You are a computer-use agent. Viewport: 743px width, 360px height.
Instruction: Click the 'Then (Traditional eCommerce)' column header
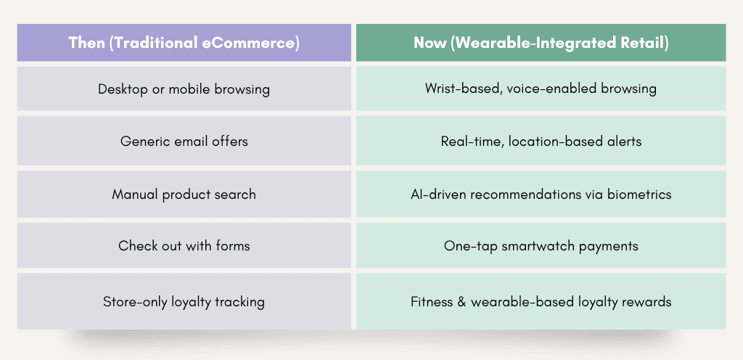pos(184,43)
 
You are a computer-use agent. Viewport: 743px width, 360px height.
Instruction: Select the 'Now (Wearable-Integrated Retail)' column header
pos(541,43)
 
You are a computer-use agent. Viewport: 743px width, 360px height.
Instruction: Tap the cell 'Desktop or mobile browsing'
pos(184,89)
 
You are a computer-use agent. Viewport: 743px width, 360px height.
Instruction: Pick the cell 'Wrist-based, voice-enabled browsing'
pos(541,89)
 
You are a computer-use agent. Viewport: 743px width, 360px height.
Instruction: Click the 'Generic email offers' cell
pos(184,142)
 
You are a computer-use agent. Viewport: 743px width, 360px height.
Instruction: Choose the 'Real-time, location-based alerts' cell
pos(541,142)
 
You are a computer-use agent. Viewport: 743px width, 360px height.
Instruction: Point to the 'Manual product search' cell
pos(184,195)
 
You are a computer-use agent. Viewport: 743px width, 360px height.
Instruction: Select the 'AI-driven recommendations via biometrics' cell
pos(541,195)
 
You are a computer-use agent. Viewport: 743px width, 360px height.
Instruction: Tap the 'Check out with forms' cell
pos(184,246)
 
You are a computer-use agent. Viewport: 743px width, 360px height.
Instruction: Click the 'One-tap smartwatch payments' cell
pos(541,246)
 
